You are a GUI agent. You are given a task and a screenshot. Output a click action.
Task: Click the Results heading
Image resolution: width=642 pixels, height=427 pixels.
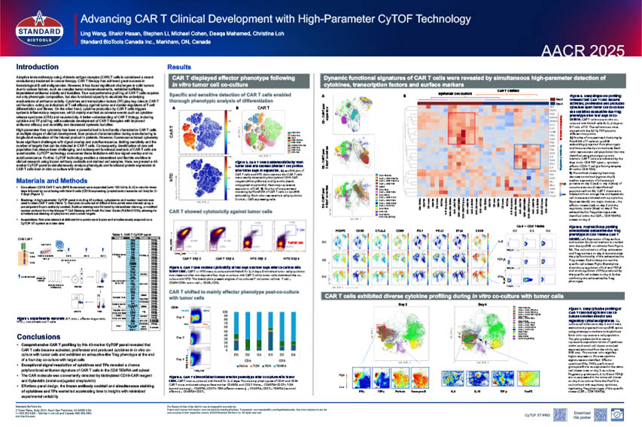(178, 67)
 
